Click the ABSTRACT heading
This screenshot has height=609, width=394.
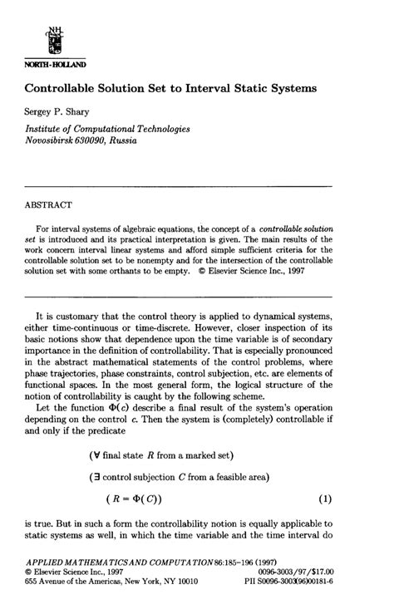pyautogui.click(x=48, y=203)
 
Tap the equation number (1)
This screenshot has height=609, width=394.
pyautogui.click(x=325, y=498)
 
